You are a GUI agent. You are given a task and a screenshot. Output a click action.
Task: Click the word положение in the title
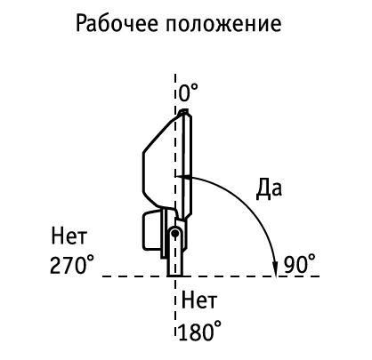[223, 24]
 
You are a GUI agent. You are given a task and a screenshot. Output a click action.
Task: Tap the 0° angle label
[189, 92]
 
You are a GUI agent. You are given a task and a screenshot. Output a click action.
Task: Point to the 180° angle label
[200, 331]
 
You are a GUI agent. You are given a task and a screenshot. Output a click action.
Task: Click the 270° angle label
[72, 265]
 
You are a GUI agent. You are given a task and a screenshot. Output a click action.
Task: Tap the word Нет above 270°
[69, 236]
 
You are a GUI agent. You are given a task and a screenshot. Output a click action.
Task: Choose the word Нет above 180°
[199, 300]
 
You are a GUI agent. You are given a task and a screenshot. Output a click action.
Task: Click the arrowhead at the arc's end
[276, 269]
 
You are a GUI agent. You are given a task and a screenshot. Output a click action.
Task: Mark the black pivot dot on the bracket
[175, 233]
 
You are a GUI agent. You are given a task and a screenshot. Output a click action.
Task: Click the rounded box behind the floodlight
[152, 230]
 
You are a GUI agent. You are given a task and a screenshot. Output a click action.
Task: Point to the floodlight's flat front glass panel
[187, 164]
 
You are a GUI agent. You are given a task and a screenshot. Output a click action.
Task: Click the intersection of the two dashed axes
[175, 276]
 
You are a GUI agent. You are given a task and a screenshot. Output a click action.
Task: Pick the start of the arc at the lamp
[177, 177]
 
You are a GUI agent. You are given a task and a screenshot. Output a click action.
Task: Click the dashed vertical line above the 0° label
[175, 79]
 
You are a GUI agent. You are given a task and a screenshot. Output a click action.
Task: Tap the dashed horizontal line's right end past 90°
[319, 276]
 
